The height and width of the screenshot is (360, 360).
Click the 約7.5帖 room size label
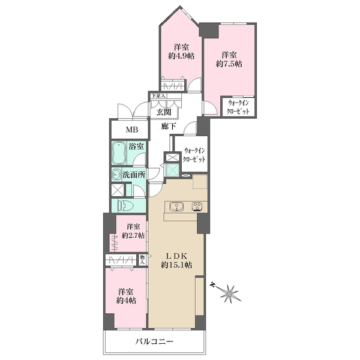point(229,64)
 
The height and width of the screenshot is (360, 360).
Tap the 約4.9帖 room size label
point(181,56)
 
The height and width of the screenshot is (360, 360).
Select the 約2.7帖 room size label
point(133,235)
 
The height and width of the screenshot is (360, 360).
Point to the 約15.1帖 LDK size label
point(176,265)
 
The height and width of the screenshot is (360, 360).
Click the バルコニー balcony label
point(154,342)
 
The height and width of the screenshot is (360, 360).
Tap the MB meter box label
point(132,130)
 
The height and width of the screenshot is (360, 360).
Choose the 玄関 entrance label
point(164,112)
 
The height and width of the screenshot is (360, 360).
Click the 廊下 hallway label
point(169,126)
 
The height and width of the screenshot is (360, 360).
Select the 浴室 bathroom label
point(136,146)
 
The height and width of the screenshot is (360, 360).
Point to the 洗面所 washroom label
point(134,175)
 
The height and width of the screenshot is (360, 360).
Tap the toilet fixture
point(125,205)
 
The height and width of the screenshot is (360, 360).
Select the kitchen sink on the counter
point(176,206)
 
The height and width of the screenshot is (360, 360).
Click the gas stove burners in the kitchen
point(197,206)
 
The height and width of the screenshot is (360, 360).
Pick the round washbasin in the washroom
point(116,175)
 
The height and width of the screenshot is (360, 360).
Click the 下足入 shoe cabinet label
point(158,96)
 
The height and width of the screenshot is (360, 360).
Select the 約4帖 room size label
point(126,301)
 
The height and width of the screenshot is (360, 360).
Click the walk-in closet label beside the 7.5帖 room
point(238,107)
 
